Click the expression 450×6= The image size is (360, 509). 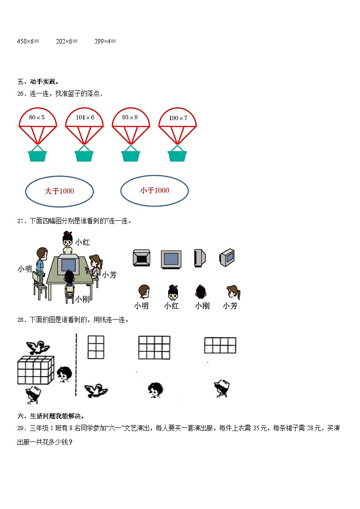28,41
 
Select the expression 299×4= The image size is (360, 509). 105,41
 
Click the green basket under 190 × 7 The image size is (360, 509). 177,155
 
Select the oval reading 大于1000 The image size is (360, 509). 59,191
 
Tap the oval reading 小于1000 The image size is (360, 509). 155,191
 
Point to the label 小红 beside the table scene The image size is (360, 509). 83,242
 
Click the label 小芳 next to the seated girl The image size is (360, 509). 109,275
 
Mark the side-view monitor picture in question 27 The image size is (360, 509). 199,257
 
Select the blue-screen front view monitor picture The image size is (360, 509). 171,258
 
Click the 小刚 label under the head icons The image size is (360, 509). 202,306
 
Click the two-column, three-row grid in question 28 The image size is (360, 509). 95,347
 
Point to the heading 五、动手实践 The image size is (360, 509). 38,82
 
